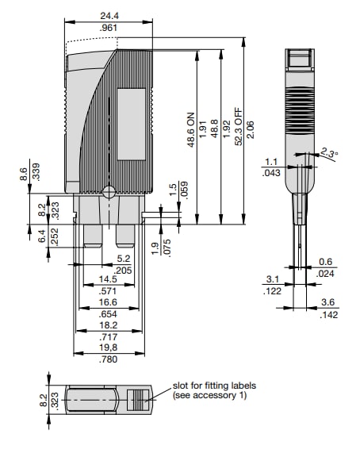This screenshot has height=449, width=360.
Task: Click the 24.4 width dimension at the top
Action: (x=110, y=16)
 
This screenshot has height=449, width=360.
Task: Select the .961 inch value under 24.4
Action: (x=110, y=29)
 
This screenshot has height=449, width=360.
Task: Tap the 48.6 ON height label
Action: (x=190, y=132)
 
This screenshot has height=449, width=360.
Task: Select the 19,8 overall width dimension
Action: (x=109, y=347)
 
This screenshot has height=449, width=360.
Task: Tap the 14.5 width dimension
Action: (x=109, y=279)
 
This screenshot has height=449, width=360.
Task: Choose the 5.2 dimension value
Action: (x=123, y=258)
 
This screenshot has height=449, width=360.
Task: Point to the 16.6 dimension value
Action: (x=109, y=302)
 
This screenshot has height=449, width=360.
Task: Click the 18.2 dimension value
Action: (x=109, y=324)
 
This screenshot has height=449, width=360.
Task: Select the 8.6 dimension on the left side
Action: (x=24, y=175)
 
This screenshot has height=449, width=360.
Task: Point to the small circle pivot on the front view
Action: (x=109, y=190)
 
